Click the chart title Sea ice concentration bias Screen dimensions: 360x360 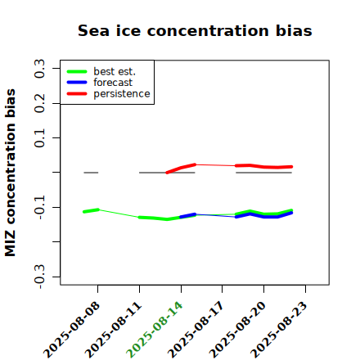195,30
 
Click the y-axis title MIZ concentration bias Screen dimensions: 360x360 11,173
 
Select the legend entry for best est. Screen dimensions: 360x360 115,71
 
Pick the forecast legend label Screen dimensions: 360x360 113,83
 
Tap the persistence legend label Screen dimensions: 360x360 122,94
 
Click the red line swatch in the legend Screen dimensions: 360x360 77,94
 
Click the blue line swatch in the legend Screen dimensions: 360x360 77,83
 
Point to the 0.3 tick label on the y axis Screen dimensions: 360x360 39,69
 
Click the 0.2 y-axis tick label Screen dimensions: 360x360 39,103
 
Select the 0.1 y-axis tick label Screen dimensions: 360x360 39,138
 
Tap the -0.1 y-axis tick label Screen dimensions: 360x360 39,207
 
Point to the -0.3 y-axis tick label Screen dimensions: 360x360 39,277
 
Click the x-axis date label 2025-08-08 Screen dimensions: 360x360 71,330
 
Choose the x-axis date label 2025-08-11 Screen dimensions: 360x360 113,330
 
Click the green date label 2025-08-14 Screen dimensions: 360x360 155,330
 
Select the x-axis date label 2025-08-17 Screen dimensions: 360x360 196,330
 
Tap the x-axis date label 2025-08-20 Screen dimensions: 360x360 237,330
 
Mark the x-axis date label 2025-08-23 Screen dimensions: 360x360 279,330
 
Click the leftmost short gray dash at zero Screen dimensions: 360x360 91,173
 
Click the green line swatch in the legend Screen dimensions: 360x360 77,71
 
